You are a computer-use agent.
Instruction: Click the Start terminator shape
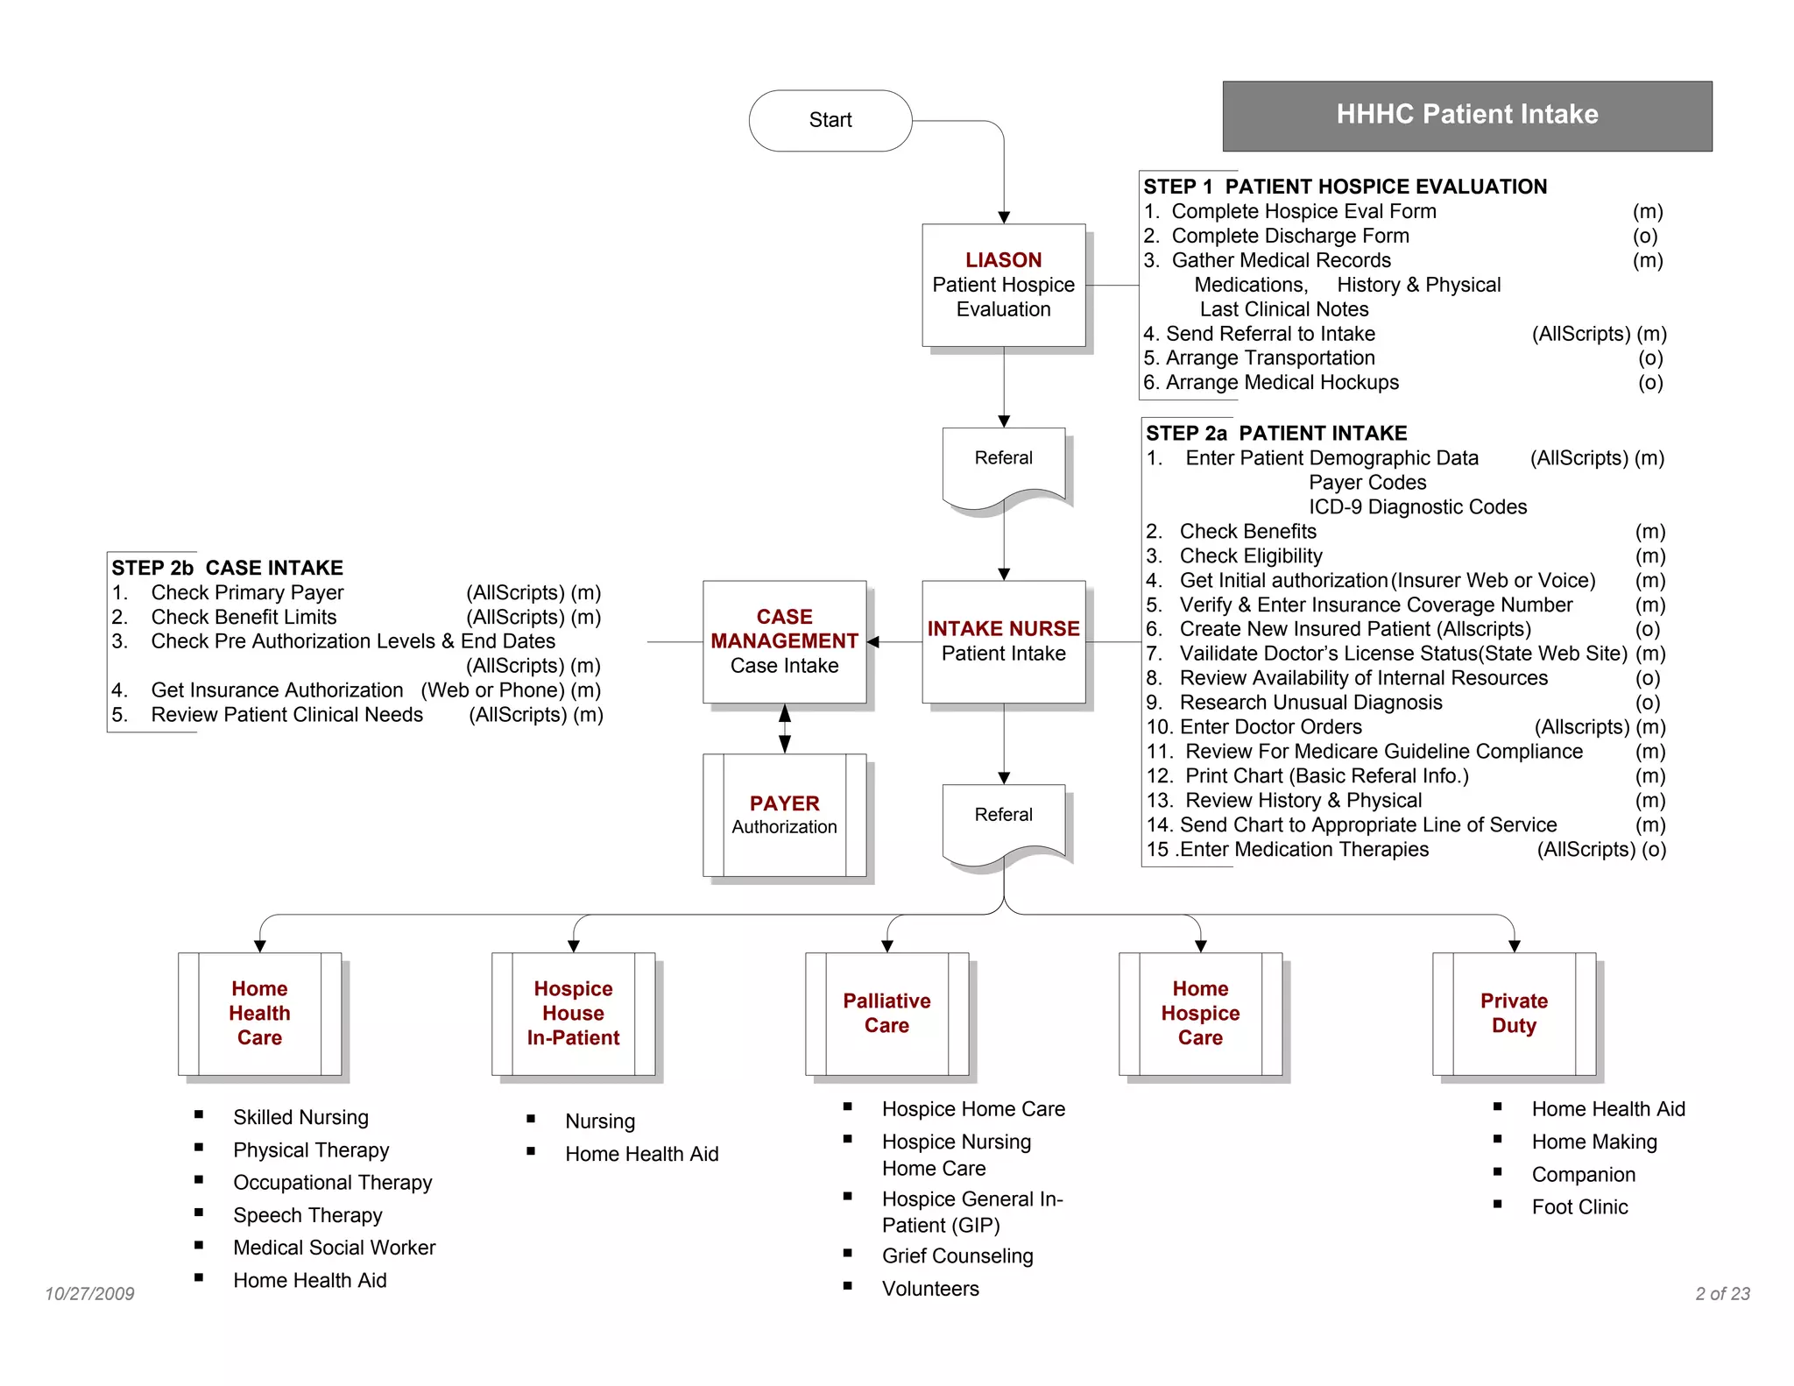click(830, 120)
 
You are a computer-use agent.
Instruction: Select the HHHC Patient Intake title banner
click(1466, 115)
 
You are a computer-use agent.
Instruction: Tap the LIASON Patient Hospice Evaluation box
click(1003, 285)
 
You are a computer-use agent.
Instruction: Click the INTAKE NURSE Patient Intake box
click(1003, 641)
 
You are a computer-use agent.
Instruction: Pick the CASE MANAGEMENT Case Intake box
click(784, 641)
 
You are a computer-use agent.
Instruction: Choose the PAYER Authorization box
click(784, 815)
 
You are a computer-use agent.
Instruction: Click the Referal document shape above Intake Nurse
click(1003, 464)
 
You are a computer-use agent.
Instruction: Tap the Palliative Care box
click(886, 1014)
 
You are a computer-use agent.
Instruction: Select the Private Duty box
click(1514, 1014)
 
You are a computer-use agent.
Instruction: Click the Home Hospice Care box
click(1200, 1014)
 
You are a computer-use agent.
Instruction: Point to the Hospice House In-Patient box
click(573, 1014)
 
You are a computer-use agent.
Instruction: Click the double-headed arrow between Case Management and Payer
click(785, 729)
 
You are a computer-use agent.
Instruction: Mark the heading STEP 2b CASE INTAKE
click(227, 568)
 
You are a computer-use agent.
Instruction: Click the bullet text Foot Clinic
click(1579, 1207)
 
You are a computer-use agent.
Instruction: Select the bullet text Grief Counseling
click(957, 1256)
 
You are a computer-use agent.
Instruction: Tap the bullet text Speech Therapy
click(307, 1215)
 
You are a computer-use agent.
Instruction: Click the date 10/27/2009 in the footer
click(89, 1294)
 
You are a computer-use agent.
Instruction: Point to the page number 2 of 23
click(1722, 1294)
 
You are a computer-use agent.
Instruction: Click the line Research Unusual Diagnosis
click(1310, 703)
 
